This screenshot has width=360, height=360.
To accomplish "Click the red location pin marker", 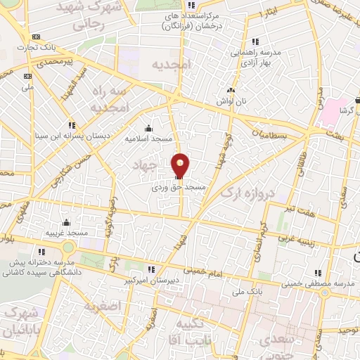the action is (181, 166).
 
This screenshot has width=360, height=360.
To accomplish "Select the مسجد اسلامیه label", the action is (148, 139).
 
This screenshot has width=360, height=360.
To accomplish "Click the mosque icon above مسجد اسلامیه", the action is (148, 128).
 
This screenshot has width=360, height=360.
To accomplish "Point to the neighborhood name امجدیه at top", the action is (171, 64).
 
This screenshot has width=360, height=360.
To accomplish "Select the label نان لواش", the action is (231, 102).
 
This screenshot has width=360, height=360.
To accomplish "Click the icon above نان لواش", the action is (231, 91).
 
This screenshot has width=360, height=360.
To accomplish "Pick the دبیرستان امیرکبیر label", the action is (152, 279).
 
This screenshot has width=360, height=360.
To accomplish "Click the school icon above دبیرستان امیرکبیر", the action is (150, 269).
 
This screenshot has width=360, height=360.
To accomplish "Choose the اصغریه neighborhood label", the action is (103, 306).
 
